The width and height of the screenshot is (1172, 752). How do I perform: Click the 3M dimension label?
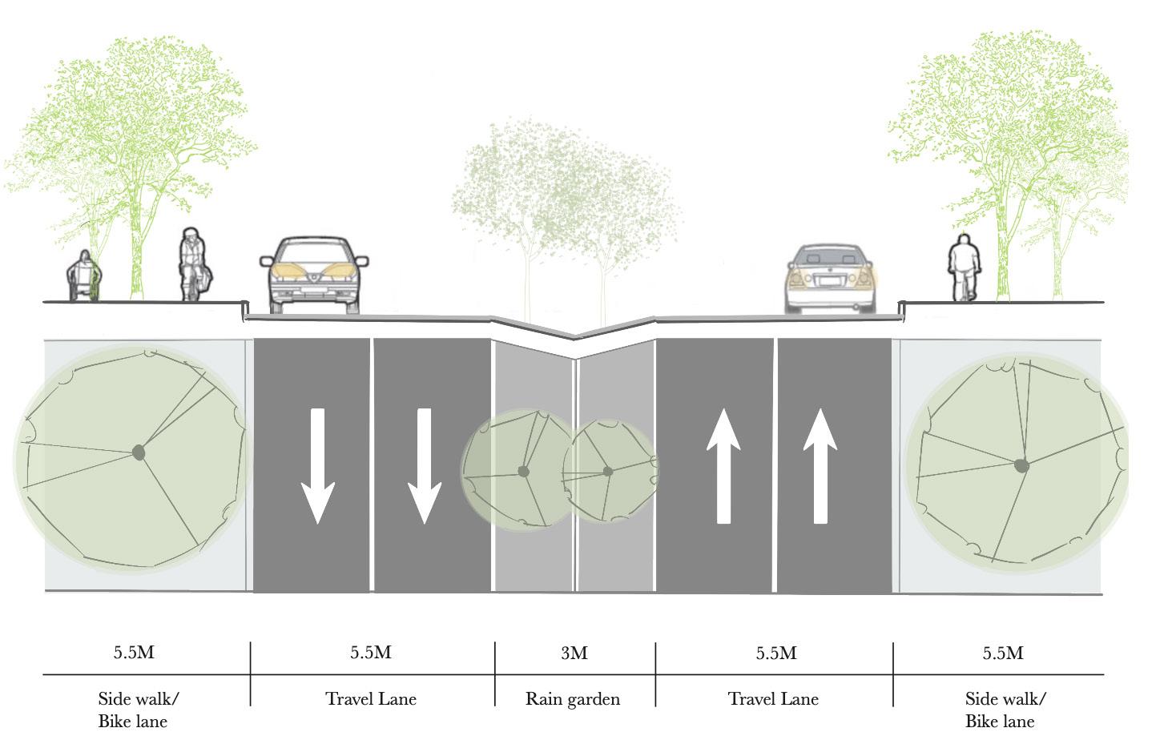pos(574,653)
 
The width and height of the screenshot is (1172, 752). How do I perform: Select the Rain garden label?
pos(573,699)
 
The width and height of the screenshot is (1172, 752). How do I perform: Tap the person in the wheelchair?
pos(84,276)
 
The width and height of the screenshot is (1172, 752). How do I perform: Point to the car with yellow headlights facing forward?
pos(314,274)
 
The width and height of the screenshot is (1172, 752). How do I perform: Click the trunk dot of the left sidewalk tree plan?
pos(139,453)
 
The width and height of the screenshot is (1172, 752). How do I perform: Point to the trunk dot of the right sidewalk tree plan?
pos(1021,465)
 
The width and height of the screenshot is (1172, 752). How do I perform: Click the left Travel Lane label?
pos(371,699)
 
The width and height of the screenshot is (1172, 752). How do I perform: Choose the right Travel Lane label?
pos(773,699)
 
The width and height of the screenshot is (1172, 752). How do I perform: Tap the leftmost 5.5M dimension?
pos(134,653)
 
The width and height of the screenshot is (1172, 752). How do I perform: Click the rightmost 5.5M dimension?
pos(1003,653)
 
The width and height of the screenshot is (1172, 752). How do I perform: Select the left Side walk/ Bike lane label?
pos(136,710)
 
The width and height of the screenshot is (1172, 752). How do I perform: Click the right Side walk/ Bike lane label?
pos(1004,710)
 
